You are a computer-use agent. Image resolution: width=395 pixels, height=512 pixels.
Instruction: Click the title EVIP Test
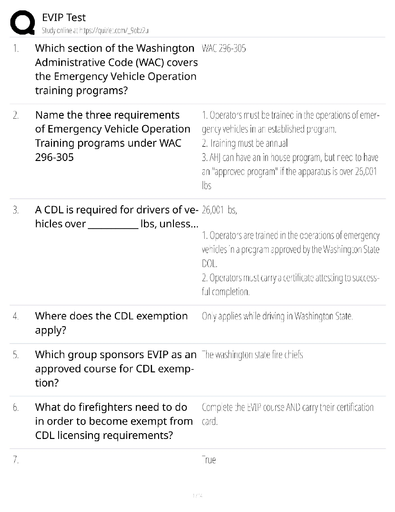tap(64, 17)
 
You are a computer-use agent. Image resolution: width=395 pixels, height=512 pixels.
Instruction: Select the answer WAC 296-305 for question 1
tap(224, 49)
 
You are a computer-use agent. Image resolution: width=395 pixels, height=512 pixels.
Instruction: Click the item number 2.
tap(16, 115)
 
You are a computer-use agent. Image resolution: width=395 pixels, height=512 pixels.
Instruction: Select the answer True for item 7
tap(209, 460)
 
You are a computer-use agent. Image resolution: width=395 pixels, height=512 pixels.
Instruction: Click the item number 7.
tap(16, 460)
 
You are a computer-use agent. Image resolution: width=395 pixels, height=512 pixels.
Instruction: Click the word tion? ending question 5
tap(47, 383)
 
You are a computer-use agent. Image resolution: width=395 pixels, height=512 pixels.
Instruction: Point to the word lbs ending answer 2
tap(207, 186)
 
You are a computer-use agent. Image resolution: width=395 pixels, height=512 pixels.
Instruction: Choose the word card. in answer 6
tap(210, 422)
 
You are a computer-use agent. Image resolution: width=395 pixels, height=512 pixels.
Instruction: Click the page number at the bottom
tap(197, 496)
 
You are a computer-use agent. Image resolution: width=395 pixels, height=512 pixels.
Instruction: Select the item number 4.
tap(16, 316)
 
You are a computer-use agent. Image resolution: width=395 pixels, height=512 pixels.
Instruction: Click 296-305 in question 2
tap(54, 157)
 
